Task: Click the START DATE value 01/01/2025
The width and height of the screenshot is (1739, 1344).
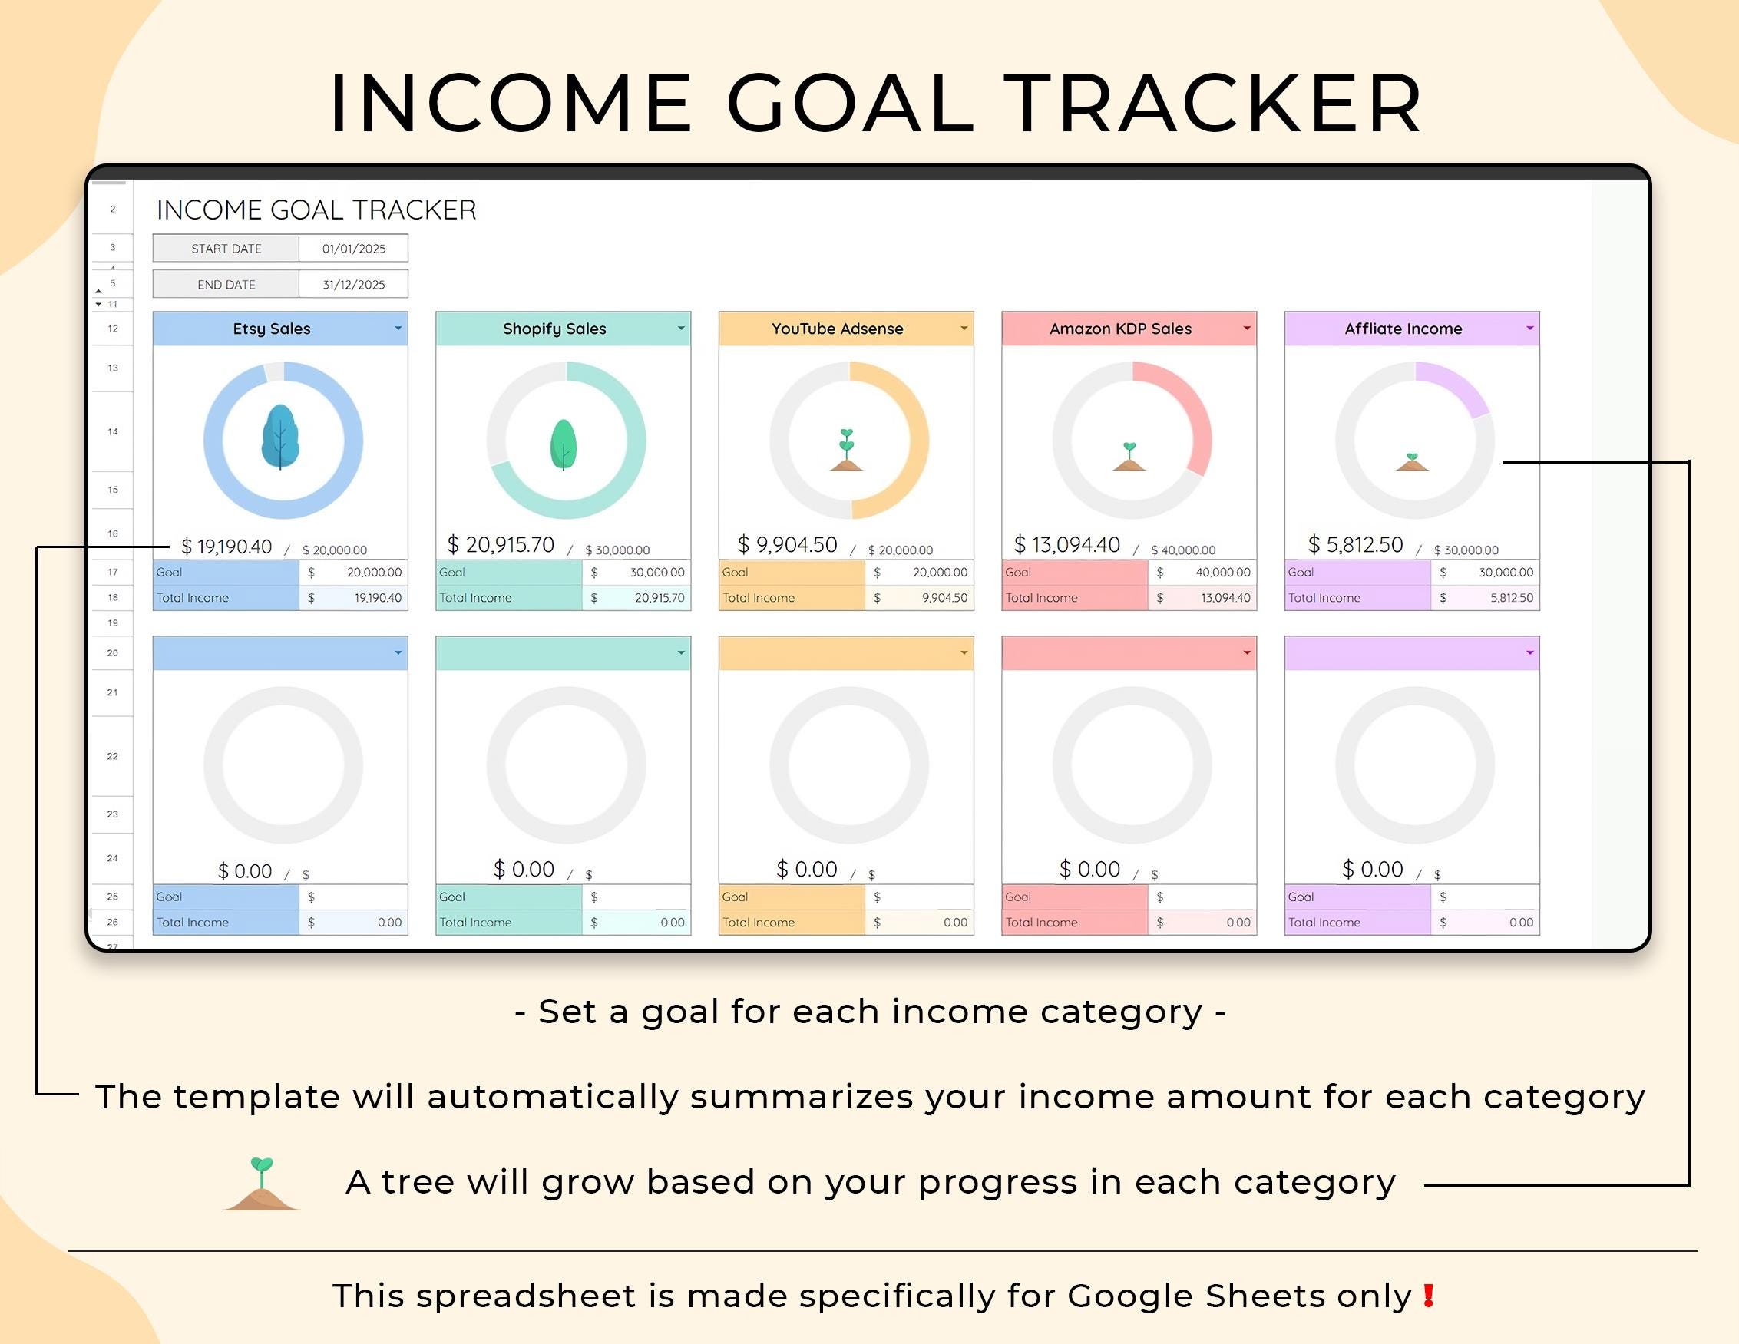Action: (x=353, y=249)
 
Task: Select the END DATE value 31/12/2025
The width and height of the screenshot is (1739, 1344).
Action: (x=353, y=284)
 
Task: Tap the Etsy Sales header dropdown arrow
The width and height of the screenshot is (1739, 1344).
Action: (x=398, y=328)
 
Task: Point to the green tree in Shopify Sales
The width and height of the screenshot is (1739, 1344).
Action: (x=564, y=444)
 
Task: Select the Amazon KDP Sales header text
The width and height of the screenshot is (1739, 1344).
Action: (x=1120, y=329)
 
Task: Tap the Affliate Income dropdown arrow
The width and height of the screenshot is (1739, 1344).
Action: (x=1529, y=328)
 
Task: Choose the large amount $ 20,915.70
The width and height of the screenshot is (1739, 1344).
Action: (x=501, y=545)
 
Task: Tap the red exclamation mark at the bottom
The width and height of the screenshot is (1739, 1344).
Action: (x=1430, y=1296)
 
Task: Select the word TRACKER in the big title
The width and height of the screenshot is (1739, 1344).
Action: (x=1215, y=104)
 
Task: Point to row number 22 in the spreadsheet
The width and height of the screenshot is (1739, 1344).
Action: (x=112, y=756)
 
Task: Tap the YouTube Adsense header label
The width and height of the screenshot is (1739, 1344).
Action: (x=837, y=329)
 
